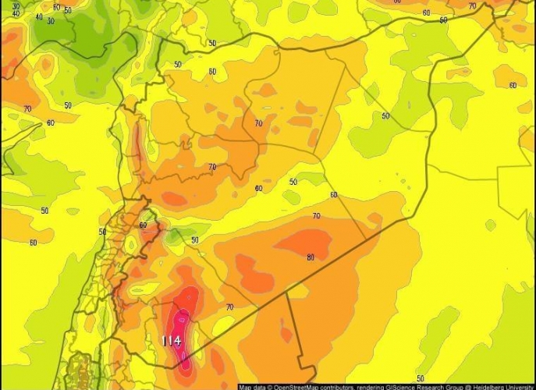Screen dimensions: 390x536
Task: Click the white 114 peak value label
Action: click(x=172, y=341)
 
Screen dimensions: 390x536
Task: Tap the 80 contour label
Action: click(x=311, y=257)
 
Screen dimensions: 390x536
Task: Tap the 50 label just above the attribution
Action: click(x=421, y=378)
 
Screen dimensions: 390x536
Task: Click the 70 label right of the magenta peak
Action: click(x=229, y=307)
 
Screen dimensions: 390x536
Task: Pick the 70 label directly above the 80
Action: click(x=316, y=216)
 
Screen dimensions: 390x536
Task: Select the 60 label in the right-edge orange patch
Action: click(x=513, y=85)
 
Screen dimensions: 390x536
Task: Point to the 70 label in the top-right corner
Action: click(x=472, y=6)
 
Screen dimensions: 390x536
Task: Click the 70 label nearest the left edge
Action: click(x=27, y=108)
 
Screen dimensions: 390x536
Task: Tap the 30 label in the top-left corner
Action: click(x=16, y=6)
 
